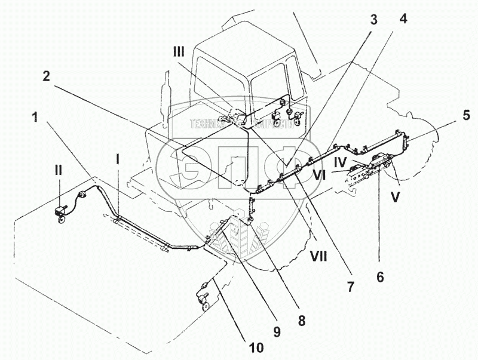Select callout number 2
click(x=46, y=76)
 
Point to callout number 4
click(x=403, y=19)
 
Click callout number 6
click(x=381, y=276)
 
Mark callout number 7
click(x=350, y=287)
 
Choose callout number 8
click(x=302, y=321)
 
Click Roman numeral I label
click(x=118, y=159)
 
